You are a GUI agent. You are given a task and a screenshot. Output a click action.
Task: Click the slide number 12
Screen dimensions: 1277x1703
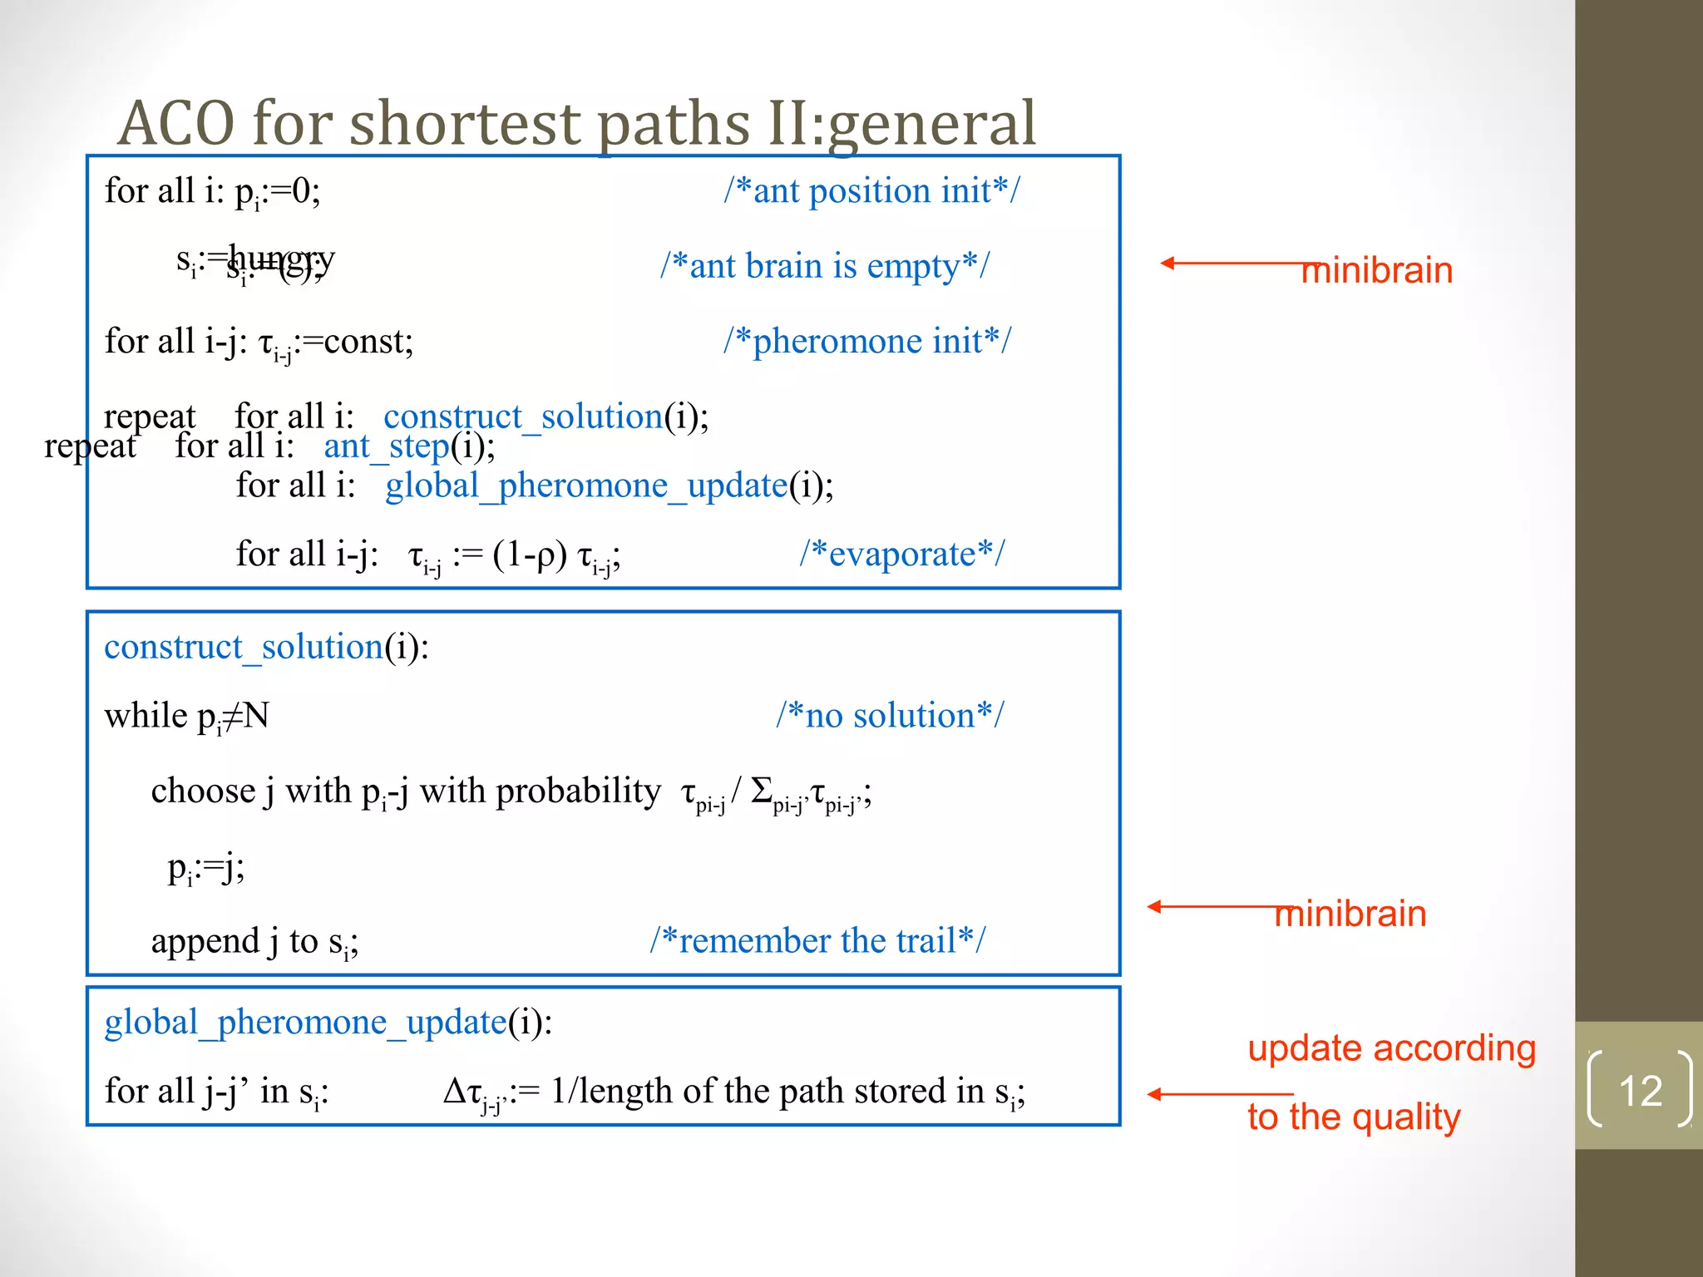tap(1640, 1090)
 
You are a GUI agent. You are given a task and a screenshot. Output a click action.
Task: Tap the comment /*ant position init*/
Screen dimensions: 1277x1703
tap(871, 190)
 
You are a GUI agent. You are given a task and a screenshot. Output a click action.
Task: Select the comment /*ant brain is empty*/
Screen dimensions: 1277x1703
tap(825, 266)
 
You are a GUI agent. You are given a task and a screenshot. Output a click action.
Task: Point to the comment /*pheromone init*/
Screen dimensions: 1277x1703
tap(867, 341)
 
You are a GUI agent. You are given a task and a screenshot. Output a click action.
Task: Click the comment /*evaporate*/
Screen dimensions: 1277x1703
tap(902, 554)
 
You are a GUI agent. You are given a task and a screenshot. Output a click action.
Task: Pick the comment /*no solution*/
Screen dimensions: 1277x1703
tap(890, 715)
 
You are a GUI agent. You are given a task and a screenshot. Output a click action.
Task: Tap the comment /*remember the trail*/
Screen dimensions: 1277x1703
tap(817, 940)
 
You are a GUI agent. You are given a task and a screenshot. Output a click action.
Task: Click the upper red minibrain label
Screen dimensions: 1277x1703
tap(1377, 271)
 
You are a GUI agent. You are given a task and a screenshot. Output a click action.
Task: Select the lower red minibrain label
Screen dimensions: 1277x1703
tap(1350, 914)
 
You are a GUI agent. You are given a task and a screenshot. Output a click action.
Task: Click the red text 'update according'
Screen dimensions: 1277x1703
tap(1391, 1048)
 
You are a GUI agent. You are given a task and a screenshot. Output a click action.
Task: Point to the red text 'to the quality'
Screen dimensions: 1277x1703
tap(1354, 1117)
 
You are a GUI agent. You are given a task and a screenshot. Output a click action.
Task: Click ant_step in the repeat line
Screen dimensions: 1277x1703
tap(387, 446)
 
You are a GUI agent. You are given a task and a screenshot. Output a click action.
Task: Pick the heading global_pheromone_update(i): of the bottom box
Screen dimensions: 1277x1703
tap(328, 1022)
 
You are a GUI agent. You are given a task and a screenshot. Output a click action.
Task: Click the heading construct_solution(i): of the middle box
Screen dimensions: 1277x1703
tap(266, 647)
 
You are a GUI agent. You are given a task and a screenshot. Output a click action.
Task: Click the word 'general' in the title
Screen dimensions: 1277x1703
tap(931, 123)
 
